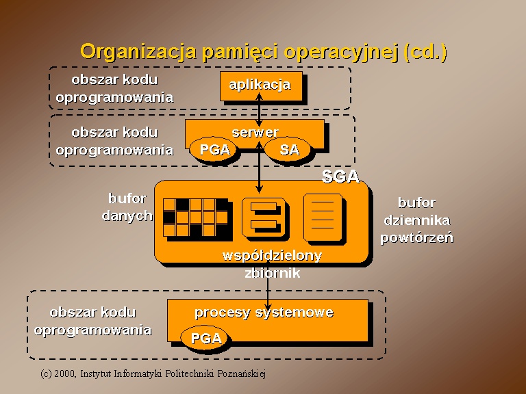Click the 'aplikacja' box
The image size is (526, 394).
pyautogui.click(x=262, y=86)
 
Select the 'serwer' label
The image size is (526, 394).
pyautogui.click(x=255, y=132)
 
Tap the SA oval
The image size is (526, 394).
pyautogui.click(x=288, y=149)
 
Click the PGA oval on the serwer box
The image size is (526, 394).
pyautogui.click(x=214, y=149)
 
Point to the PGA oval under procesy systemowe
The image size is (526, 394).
pyautogui.click(x=205, y=338)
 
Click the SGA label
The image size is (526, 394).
pyautogui.click(x=340, y=176)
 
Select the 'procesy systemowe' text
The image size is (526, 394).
pyautogui.click(x=264, y=312)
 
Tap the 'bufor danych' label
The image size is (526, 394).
pyautogui.click(x=127, y=207)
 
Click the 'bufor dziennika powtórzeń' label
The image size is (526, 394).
pyautogui.click(x=416, y=220)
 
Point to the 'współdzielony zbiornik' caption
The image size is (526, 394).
pyautogui.click(x=272, y=264)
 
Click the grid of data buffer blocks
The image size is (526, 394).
pyautogui.click(x=196, y=218)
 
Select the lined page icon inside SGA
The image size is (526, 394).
pyautogui.click(x=323, y=217)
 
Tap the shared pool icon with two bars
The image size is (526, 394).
pyautogui.click(x=264, y=216)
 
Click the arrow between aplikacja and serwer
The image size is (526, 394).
pyautogui.click(x=259, y=109)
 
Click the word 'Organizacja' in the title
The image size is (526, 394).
pyautogui.click(x=138, y=52)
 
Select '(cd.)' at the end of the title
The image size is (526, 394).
pyautogui.click(x=425, y=52)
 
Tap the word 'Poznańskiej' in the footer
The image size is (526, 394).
pyautogui.click(x=242, y=373)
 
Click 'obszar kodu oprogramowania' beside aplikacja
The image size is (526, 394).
pyautogui.click(x=115, y=88)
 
